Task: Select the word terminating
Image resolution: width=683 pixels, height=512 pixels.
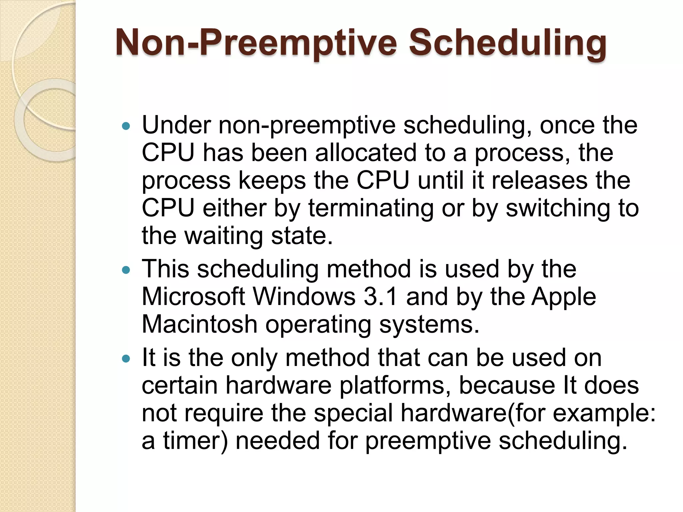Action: coord(371,208)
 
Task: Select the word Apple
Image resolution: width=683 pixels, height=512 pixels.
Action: coord(563,297)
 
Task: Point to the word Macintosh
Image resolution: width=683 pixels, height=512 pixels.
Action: coord(199,324)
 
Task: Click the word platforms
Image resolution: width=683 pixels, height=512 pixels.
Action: coord(395,385)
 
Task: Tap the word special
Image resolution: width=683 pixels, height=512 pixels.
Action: coord(353,413)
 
